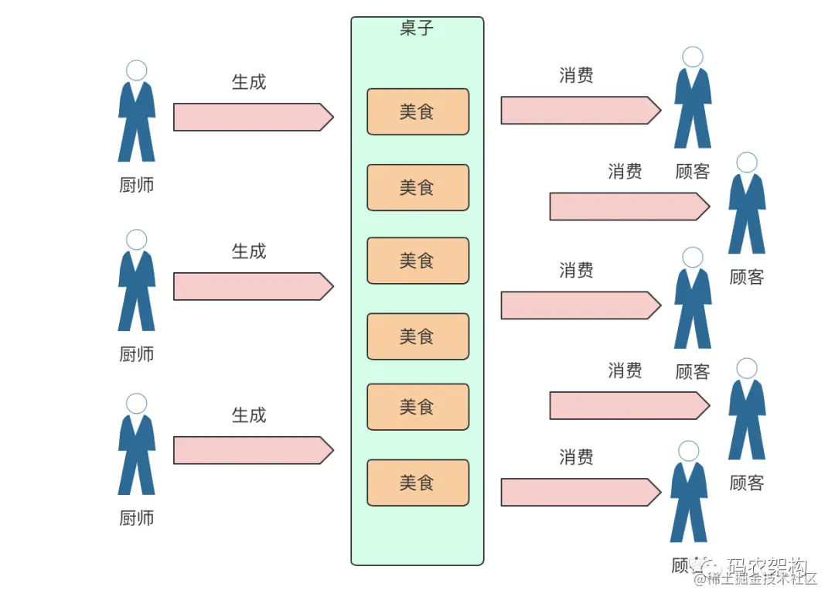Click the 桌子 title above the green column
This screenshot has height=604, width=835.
[x=417, y=29]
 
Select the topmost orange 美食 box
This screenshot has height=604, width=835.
[x=417, y=112]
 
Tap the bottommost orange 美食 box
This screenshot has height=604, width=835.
[x=417, y=483]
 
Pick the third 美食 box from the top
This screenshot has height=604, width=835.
[x=417, y=261]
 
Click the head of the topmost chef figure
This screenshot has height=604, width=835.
[x=137, y=70]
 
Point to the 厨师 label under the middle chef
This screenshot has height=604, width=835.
[x=137, y=354]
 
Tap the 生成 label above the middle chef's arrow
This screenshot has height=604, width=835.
[x=249, y=251]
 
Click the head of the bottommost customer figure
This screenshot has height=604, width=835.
[x=688, y=451]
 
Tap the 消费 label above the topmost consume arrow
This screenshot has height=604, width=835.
[x=576, y=75]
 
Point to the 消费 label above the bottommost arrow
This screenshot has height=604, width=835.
[x=576, y=457]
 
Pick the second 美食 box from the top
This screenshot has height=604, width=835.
[x=417, y=187]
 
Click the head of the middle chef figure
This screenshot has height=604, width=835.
[x=137, y=240]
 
